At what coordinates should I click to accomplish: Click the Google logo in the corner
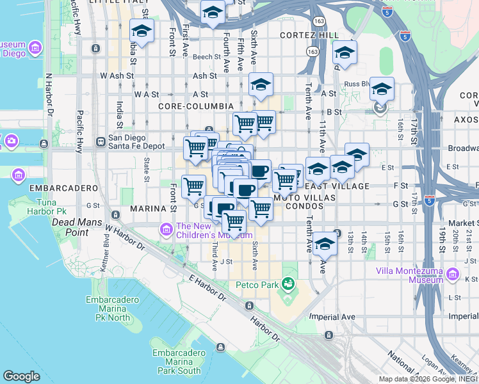pyautogui.click(x=21, y=376)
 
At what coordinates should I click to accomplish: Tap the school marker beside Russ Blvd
pyautogui.click(x=382, y=90)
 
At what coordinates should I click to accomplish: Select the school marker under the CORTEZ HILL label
pyautogui.click(x=345, y=54)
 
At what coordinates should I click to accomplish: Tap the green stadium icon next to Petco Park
pyautogui.click(x=289, y=283)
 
